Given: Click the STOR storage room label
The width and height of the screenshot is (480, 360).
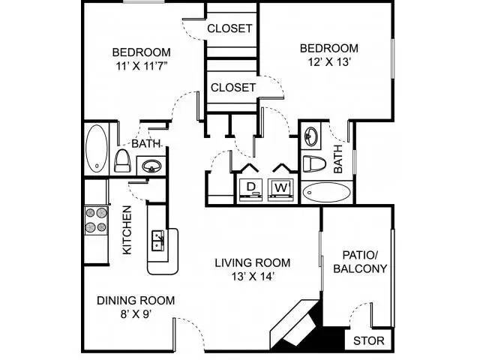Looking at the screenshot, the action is [x=368, y=340].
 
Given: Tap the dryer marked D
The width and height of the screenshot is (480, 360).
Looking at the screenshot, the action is [x=251, y=190].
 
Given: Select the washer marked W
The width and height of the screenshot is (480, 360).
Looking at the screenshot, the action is [x=281, y=190].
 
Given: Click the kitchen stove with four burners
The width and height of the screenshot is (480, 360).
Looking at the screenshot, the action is [x=96, y=220].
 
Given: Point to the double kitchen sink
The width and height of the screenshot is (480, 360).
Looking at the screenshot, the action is [x=158, y=240].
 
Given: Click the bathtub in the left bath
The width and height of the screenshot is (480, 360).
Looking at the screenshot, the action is [x=97, y=149].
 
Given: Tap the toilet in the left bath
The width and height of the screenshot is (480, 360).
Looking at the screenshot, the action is [x=122, y=160].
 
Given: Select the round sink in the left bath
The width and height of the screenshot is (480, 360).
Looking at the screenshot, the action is [x=151, y=166].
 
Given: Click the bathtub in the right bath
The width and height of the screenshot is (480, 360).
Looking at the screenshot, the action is [x=327, y=193].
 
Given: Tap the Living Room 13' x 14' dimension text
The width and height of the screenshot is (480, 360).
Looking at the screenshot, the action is [x=252, y=277].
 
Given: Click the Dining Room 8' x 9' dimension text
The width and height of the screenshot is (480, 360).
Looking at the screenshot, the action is [x=136, y=314].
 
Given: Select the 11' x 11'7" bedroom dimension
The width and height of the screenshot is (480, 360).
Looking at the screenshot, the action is [x=142, y=66].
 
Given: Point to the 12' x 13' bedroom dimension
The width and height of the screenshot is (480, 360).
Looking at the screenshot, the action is [x=329, y=62].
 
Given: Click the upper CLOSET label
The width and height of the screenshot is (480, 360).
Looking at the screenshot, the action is [x=229, y=28].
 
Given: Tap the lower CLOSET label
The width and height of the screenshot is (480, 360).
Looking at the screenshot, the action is [x=233, y=88].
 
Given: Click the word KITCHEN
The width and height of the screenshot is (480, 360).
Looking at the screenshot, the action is [x=127, y=230].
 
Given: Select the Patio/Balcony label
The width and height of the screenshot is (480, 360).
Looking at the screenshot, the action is [x=360, y=262].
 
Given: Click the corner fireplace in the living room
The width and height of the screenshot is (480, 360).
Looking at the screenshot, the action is [x=295, y=325].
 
